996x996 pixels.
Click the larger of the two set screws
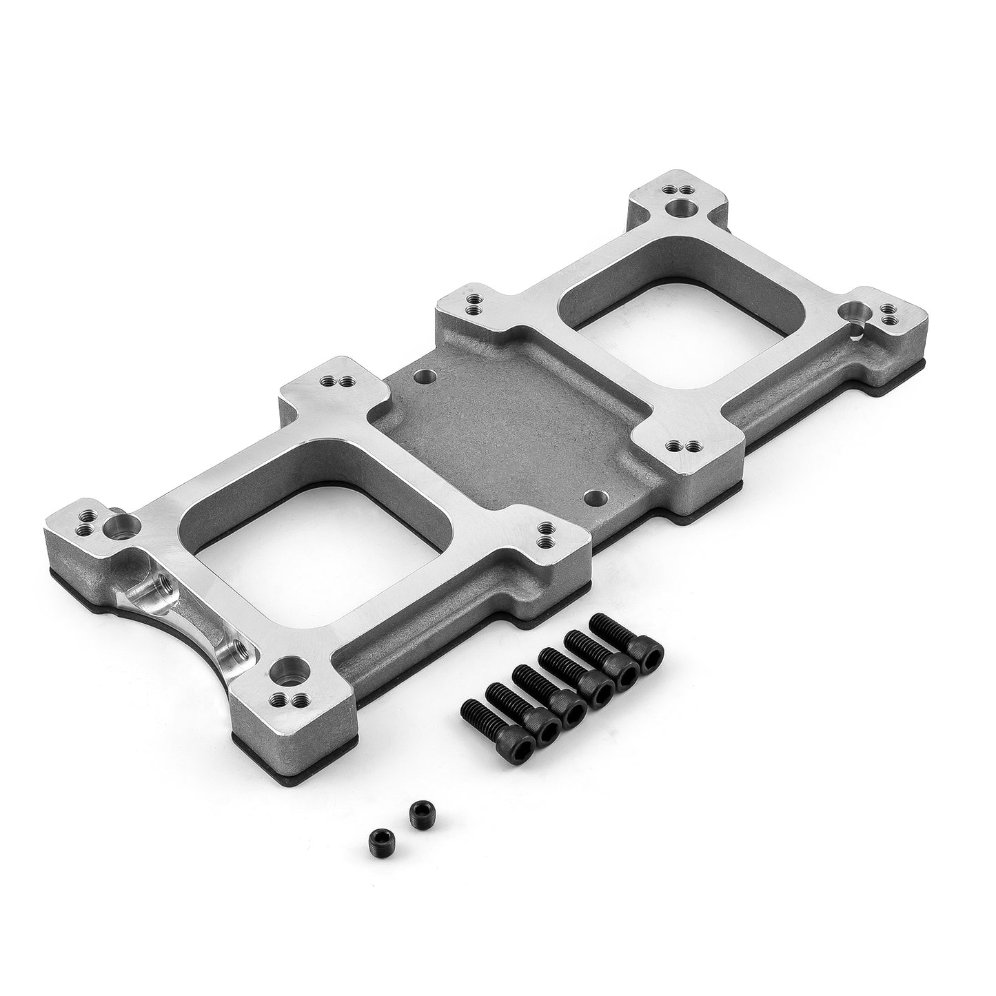pyautogui.click(x=417, y=814)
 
